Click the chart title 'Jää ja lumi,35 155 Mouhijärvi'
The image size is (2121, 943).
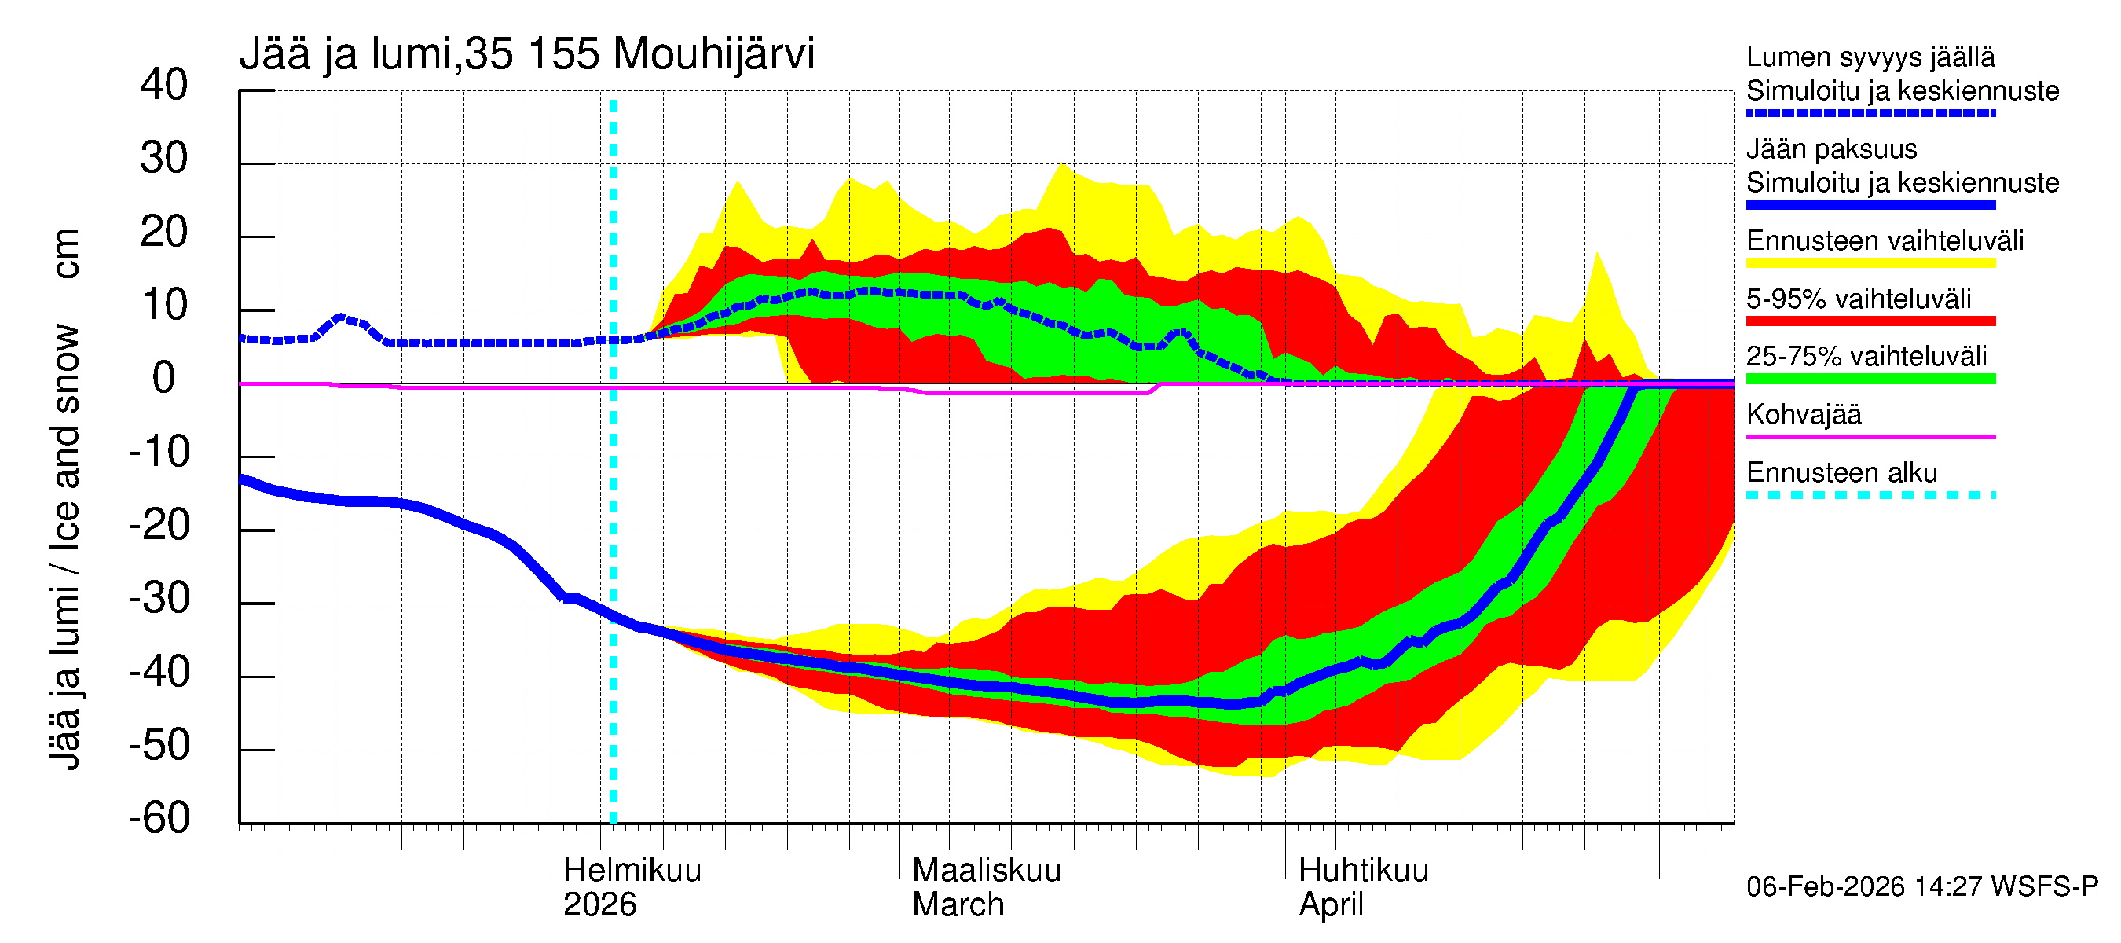[x=527, y=54]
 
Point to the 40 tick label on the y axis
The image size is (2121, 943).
[x=164, y=85]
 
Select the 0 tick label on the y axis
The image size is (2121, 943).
[x=164, y=378]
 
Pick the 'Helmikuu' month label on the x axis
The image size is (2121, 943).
[x=632, y=870]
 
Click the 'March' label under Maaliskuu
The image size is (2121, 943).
[x=958, y=904]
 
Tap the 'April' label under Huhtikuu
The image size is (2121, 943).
[x=1331, y=904]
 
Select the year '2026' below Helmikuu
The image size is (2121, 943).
[x=599, y=904]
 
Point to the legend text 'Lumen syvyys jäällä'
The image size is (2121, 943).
[x=1870, y=57]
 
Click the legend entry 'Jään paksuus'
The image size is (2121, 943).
[x=1831, y=149]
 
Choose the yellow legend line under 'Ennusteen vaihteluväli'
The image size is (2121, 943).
[x=1870, y=263]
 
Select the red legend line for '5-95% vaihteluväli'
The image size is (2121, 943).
[x=1870, y=321]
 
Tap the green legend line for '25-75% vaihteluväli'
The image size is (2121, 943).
[x=1870, y=379]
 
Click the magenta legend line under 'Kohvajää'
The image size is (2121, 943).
[x=1870, y=436]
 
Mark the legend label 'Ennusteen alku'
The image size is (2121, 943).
[x=1841, y=473]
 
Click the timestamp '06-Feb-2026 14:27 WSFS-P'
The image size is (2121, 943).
[x=1921, y=886]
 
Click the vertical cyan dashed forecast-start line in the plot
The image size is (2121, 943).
[x=614, y=494]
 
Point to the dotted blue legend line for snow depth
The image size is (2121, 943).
[x=1870, y=114]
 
